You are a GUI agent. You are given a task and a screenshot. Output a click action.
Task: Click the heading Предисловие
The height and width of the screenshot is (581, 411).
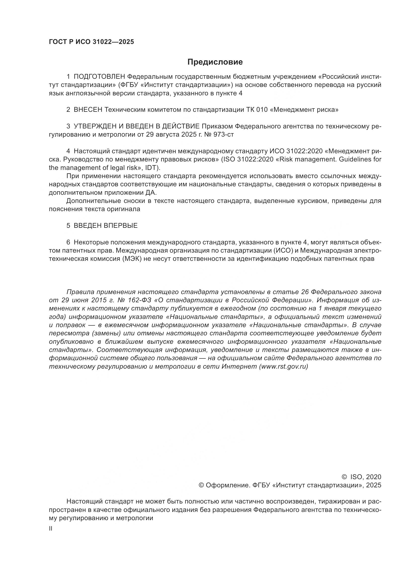[x=215, y=62]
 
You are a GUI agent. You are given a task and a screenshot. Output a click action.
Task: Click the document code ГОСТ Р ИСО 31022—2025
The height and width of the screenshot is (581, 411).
[x=91, y=42]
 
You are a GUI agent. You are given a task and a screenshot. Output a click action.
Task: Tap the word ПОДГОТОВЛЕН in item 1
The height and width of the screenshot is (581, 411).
[x=99, y=77]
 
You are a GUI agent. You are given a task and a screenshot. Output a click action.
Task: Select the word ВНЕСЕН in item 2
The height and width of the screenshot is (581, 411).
[x=88, y=110]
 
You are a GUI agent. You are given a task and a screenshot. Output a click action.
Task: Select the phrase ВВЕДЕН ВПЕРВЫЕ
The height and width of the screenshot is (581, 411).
[x=106, y=226]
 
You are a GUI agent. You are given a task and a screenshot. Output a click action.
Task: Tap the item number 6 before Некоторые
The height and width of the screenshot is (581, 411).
[x=68, y=242]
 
